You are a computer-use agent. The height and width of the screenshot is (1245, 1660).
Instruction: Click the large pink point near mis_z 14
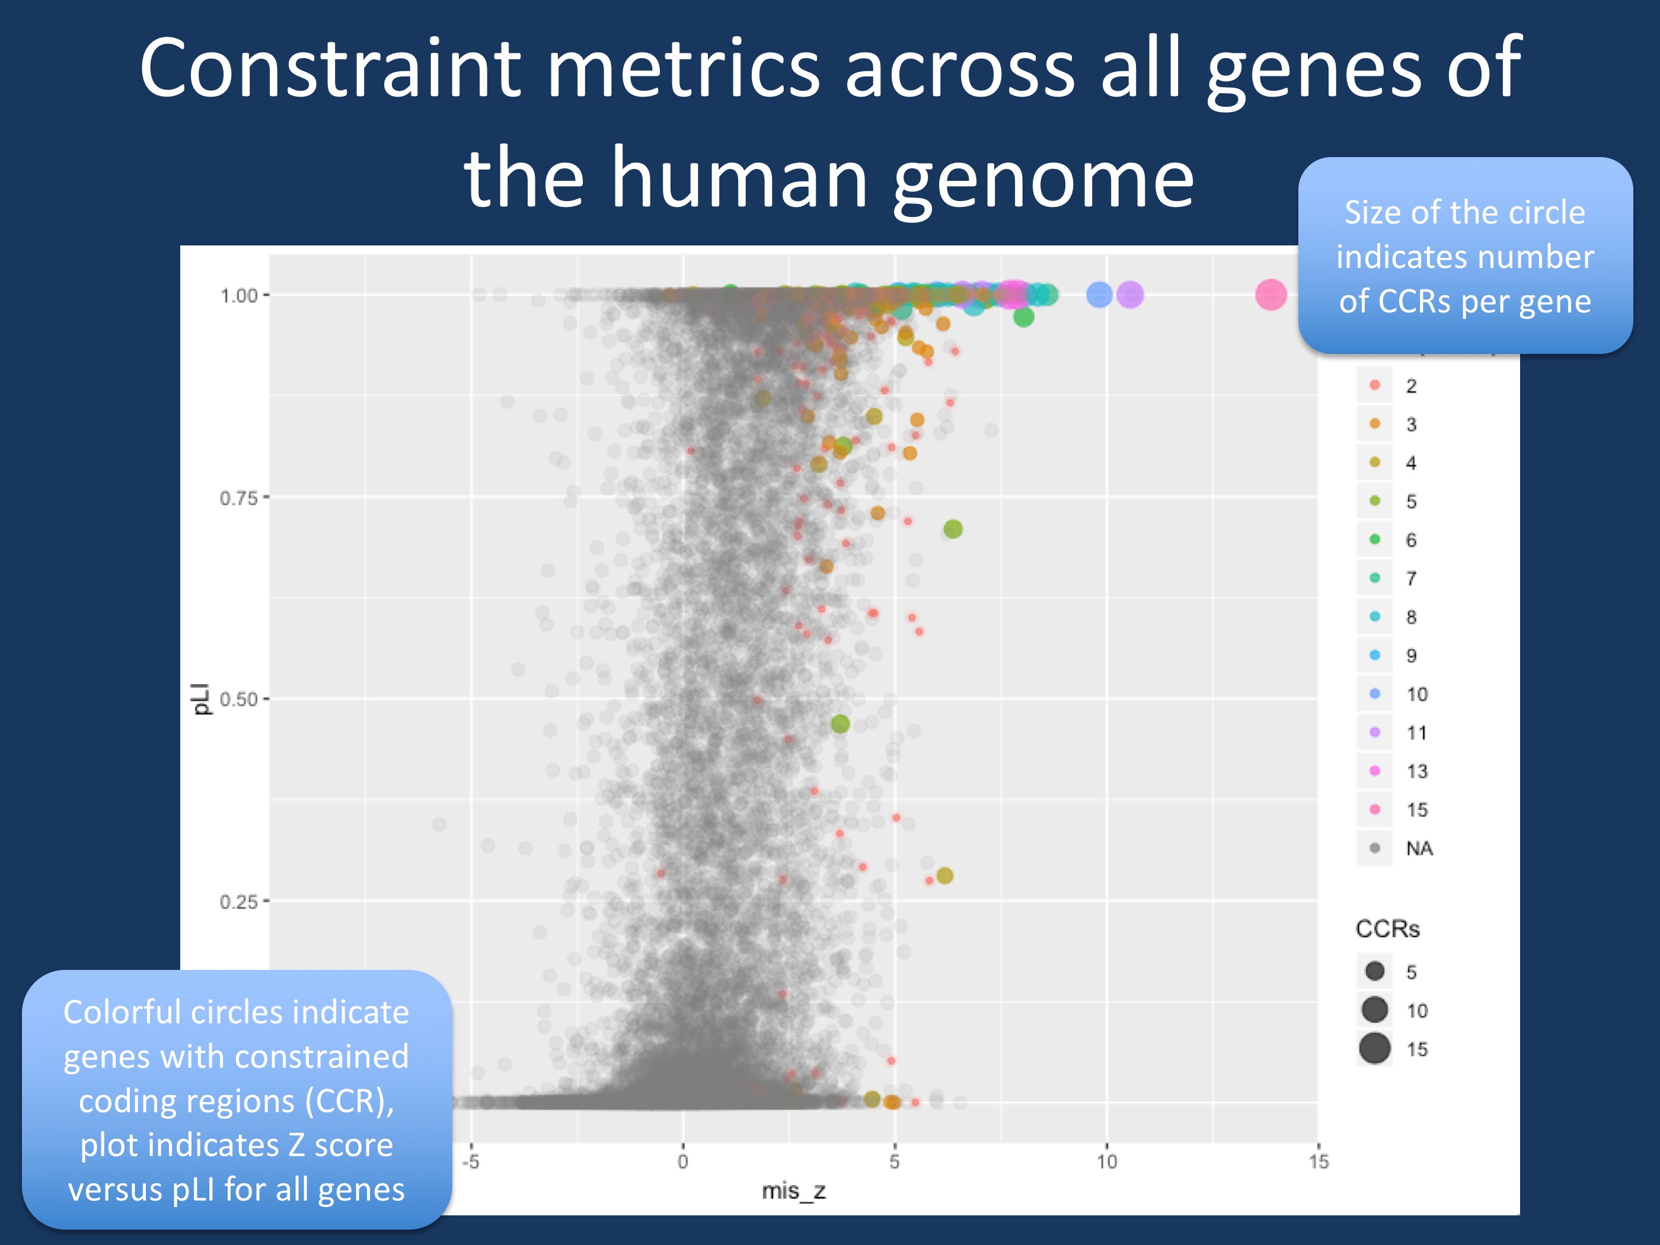1270,295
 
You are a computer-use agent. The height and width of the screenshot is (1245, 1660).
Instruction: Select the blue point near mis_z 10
1099,295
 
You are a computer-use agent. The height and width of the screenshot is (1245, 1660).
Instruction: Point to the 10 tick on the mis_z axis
1107,1161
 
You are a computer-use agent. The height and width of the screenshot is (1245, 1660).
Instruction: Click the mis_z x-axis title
793,1191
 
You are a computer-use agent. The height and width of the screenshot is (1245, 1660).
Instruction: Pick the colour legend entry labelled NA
1375,848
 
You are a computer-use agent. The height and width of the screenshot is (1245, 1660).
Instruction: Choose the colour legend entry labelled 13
1375,771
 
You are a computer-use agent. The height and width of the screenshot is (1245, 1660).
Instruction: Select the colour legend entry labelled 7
1375,578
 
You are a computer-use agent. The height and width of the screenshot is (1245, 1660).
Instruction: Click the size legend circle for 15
1375,1048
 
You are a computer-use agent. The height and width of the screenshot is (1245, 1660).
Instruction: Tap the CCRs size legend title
1388,929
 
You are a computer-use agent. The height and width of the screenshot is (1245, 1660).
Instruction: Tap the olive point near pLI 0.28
945,875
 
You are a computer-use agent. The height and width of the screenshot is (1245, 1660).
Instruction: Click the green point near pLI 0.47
841,723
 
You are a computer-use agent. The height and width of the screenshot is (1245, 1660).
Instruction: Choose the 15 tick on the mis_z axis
1319,1161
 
